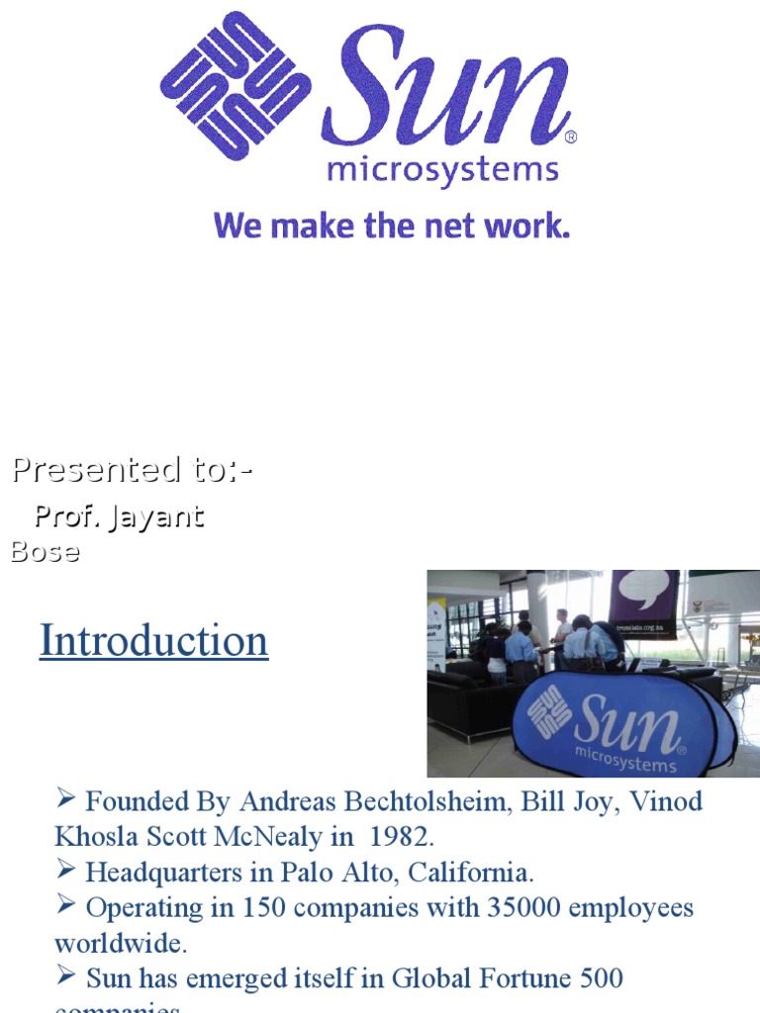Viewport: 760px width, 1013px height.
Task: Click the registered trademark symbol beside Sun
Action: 570,137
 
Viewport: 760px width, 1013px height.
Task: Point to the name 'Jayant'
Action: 158,516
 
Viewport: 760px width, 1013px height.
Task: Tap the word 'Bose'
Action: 45,551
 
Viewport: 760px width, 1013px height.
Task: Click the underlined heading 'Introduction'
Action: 153,640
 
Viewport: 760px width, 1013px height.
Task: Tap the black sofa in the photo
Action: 475,702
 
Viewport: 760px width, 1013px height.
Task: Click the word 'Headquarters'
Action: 159,873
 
